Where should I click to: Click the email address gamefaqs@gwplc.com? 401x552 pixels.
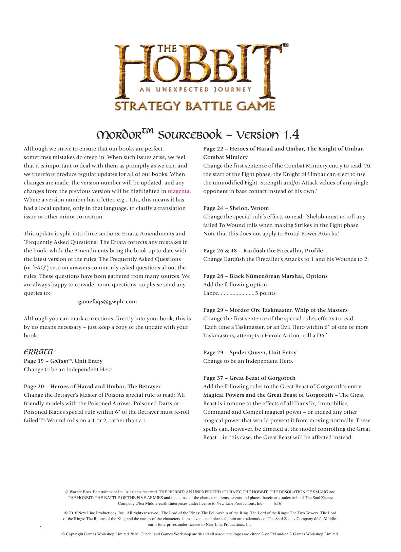click(x=108, y=302)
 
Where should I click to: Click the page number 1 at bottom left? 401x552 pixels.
click(x=41, y=528)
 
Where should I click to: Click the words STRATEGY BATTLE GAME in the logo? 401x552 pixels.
click(x=195, y=106)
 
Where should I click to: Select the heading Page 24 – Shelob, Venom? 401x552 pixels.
click(x=236, y=208)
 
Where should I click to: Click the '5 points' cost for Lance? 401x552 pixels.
click(x=265, y=293)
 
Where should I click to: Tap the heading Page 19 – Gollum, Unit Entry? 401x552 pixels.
click(x=63, y=361)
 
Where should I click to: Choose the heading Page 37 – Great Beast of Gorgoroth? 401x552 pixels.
click(x=249, y=378)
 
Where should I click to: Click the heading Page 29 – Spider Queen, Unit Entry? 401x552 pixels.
click(x=250, y=353)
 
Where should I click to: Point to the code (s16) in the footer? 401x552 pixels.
click(x=278, y=503)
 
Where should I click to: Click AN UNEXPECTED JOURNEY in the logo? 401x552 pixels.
click(x=195, y=90)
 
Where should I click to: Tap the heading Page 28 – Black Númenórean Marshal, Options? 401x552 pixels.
click(x=265, y=276)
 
